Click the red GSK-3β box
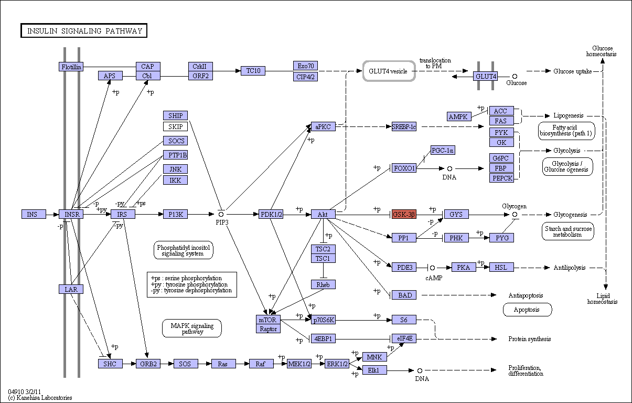(x=404, y=214)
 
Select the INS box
(x=34, y=214)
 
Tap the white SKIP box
(x=175, y=126)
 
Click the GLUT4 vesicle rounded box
(x=389, y=71)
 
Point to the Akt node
(x=323, y=214)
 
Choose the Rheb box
(x=323, y=284)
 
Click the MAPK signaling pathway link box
(x=192, y=328)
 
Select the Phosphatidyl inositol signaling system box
(x=184, y=250)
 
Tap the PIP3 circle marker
(x=221, y=214)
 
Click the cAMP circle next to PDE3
(x=432, y=268)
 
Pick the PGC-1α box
(x=443, y=150)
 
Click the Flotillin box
(x=71, y=67)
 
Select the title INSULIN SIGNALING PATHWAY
(x=84, y=30)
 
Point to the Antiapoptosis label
(x=526, y=295)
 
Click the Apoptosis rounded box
(x=527, y=310)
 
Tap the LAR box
(x=71, y=289)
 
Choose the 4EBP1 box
(x=323, y=338)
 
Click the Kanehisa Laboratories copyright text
(x=40, y=398)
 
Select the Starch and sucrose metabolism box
(x=567, y=231)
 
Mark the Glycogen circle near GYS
(x=515, y=215)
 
